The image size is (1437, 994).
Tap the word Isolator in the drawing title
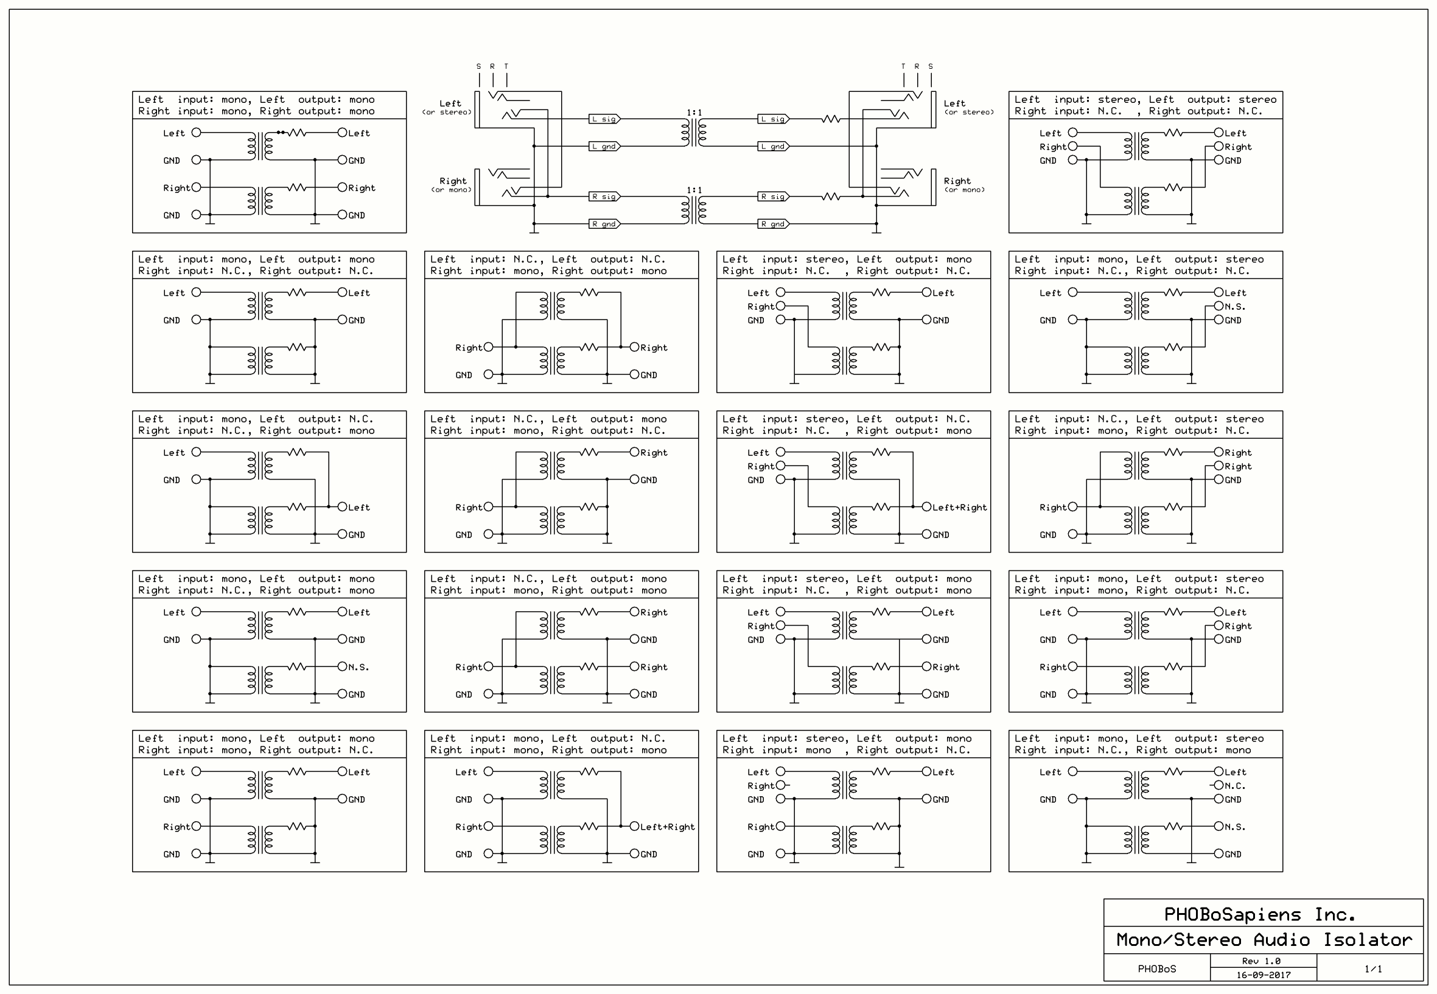tap(1367, 940)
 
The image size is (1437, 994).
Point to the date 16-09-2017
tap(1263, 975)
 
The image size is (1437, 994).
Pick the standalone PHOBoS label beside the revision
tap(1157, 969)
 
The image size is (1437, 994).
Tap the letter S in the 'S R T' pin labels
tap(478, 66)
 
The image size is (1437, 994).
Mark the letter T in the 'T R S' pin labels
tap(903, 66)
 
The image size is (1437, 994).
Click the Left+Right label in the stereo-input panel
tap(959, 508)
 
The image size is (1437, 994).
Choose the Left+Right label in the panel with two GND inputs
tap(667, 827)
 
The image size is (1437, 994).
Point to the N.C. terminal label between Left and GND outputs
tap(1235, 786)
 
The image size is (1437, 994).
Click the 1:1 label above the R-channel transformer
tap(694, 190)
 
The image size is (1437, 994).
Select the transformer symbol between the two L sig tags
tap(694, 133)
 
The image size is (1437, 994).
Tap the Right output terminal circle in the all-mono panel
tap(342, 187)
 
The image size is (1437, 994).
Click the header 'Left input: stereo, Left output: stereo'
tap(1145, 100)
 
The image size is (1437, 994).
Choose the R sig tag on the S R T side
tap(604, 197)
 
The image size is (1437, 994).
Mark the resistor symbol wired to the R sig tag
tap(831, 197)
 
